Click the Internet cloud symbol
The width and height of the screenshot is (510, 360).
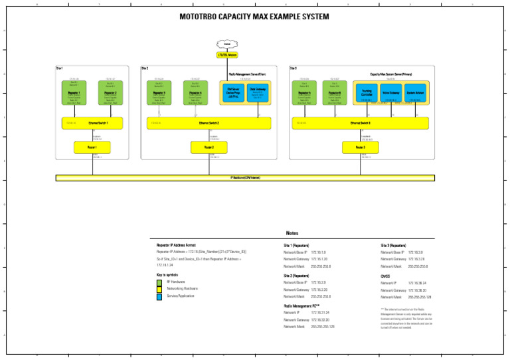tap(227, 44)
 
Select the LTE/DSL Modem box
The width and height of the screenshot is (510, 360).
tap(227, 55)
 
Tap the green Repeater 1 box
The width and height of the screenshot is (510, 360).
tap(74, 93)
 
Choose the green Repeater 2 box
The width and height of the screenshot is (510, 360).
tap(111, 93)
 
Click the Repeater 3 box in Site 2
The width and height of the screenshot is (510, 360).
tap(159, 93)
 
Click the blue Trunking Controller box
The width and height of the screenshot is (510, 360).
tap(367, 93)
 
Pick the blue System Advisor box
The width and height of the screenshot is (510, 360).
tap(415, 93)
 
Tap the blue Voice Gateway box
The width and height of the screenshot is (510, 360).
tap(390, 93)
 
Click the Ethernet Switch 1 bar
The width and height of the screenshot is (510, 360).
tap(93, 123)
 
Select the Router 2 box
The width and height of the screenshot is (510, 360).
tap(209, 147)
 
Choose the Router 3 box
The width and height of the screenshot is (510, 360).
tap(360, 147)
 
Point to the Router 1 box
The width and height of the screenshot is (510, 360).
tap(92, 147)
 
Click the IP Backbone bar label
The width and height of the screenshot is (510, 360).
tap(244, 178)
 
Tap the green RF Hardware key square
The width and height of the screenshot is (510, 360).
tap(159, 282)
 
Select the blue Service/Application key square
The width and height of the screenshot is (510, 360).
tap(159, 297)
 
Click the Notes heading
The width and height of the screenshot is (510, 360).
tap(292, 233)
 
